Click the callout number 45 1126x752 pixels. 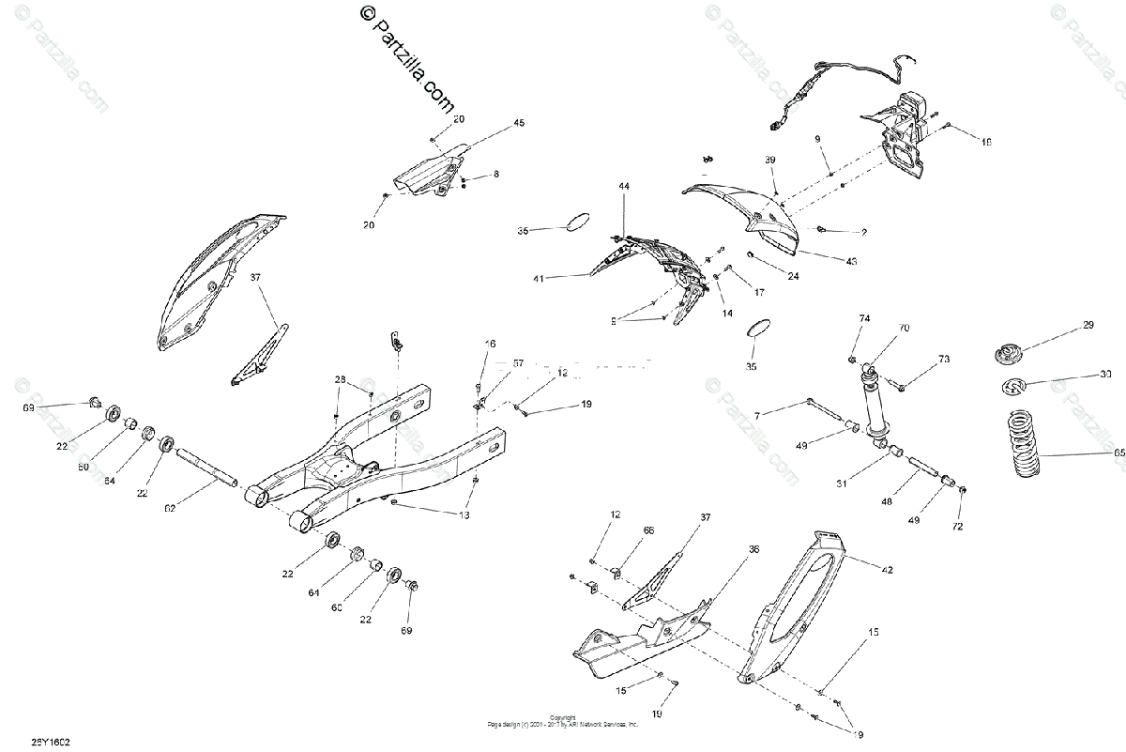(519, 124)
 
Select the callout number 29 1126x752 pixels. (1088, 325)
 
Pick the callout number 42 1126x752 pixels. (887, 569)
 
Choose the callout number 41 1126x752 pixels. (538, 278)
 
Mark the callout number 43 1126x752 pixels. (851, 261)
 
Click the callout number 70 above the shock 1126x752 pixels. (904, 329)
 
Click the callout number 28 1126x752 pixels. (340, 379)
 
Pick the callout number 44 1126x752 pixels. (624, 188)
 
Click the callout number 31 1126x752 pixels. (842, 484)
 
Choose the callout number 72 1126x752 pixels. (958, 528)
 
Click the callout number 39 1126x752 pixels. (770, 161)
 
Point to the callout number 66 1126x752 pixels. (648, 530)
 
